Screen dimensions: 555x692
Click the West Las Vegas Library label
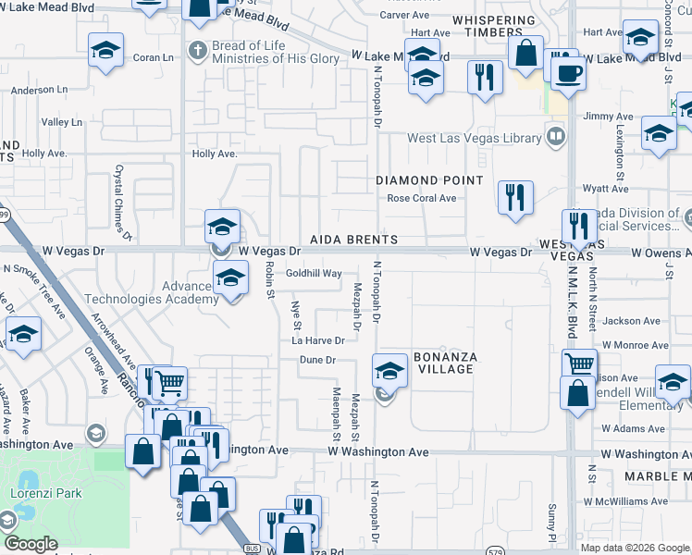pyautogui.click(x=475, y=139)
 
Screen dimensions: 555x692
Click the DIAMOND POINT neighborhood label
pyautogui.click(x=429, y=180)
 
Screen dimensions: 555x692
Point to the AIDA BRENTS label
pyautogui.click(x=354, y=240)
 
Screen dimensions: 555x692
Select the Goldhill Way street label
pyautogui.click(x=314, y=274)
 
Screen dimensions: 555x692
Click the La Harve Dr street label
pyautogui.click(x=318, y=340)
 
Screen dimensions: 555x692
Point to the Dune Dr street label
pyautogui.click(x=317, y=359)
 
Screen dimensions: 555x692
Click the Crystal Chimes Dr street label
pyautogui.click(x=118, y=195)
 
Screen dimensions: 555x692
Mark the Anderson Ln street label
pyautogui.click(x=40, y=91)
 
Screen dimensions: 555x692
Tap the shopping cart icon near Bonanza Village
pyautogui.click(x=578, y=362)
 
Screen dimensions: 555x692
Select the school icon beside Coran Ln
pyautogui.click(x=105, y=49)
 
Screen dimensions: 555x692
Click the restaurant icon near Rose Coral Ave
pyautogui.click(x=515, y=197)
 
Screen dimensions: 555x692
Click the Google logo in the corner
pyautogui.click(x=31, y=544)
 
